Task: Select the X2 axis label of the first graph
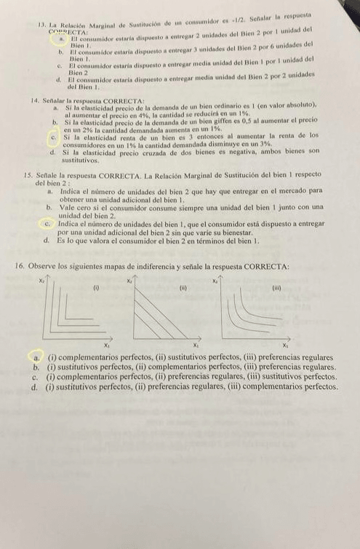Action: click(x=41, y=280)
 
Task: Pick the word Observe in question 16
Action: click(x=46, y=267)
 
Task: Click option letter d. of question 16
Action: click(x=35, y=388)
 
